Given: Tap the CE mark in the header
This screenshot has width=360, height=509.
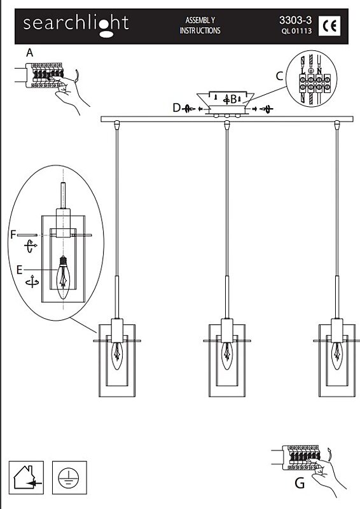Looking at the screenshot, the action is pyautogui.click(x=329, y=25).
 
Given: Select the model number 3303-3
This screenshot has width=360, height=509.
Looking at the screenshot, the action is pyautogui.click(x=295, y=20).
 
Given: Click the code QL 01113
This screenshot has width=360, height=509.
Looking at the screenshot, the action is pyautogui.click(x=296, y=31).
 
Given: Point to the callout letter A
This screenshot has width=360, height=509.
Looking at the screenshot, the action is pyautogui.click(x=29, y=53).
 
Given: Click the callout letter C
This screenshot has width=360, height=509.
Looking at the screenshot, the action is pyautogui.click(x=279, y=76).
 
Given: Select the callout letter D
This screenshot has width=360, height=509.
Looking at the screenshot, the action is pyautogui.click(x=177, y=108).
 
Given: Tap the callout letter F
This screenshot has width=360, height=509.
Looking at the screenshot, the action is pyautogui.click(x=13, y=234).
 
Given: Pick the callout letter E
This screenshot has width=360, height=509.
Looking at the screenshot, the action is pyautogui.click(x=20, y=270).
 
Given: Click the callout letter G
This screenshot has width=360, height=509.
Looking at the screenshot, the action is pyautogui.click(x=300, y=484).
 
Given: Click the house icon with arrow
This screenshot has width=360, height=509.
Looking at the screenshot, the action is pyautogui.click(x=26, y=478).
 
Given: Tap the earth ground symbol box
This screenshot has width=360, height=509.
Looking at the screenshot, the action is pyautogui.click(x=69, y=478).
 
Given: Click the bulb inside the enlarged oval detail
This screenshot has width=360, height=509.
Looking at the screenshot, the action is pyautogui.click(x=63, y=277).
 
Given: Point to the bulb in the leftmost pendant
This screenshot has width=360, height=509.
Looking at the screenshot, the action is pyautogui.click(x=117, y=356).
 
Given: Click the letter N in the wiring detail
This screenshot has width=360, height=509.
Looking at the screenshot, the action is pyautogui.click(x=319, y=71).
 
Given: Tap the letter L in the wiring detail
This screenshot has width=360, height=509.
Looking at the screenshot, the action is pyautogui.click(x=303, y=71).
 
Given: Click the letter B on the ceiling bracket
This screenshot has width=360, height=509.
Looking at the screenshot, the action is pyautogui.click(x=233, y=99).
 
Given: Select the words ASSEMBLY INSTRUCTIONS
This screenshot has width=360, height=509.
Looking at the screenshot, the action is pyautogui.click(x=200, y=25).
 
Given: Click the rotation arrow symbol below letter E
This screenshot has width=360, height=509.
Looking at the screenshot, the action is pyautogui.click(x=32, y=282).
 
